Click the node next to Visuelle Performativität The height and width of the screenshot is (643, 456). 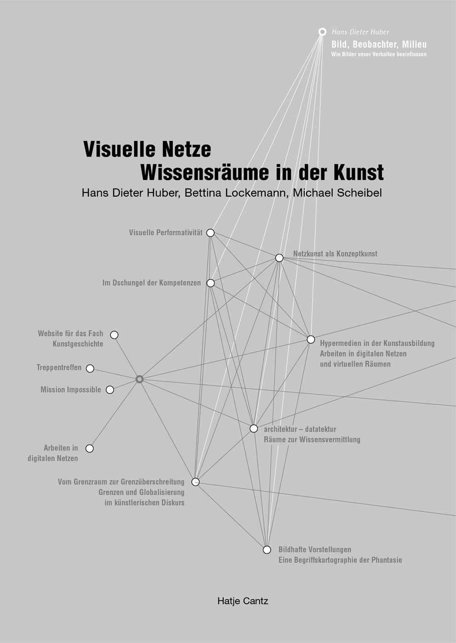(x=211, y=233)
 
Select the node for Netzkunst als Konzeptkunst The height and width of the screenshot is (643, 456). (x=279, y=258)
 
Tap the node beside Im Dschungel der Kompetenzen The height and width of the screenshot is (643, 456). (x=211, y=283)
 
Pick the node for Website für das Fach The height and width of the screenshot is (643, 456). (x=114, y=335)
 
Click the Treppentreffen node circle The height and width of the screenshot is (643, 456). (x=90, y=368)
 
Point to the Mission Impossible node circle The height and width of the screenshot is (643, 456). (x=110, y=390)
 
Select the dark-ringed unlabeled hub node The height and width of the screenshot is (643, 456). (x=139, y=379)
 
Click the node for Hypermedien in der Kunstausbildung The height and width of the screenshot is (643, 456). (x=311, y=339)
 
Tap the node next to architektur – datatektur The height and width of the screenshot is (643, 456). (x=254, y=429)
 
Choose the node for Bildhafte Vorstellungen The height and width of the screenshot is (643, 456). (x=267, y=550)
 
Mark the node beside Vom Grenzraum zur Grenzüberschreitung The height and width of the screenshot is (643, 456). (x=195, y=482)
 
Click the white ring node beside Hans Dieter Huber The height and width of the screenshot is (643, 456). (x=323, y=32)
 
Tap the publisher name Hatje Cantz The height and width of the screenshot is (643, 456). (x=243, y=601)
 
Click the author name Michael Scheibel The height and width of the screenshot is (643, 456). (x=337, y=193)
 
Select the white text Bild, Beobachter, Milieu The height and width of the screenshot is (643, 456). (x=379, y=45)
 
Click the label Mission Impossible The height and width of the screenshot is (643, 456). (x=71, y=389)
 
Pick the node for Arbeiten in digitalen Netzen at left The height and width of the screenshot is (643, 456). (x=90, y=448)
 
